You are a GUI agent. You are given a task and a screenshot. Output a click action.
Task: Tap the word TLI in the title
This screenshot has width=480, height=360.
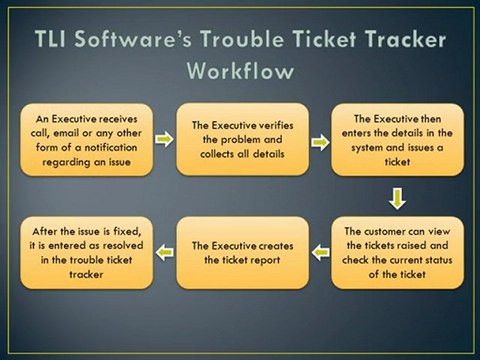(x=58, y=40)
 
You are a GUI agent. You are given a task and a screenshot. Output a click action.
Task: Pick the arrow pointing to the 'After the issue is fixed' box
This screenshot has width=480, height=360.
(x=163, y=246)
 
